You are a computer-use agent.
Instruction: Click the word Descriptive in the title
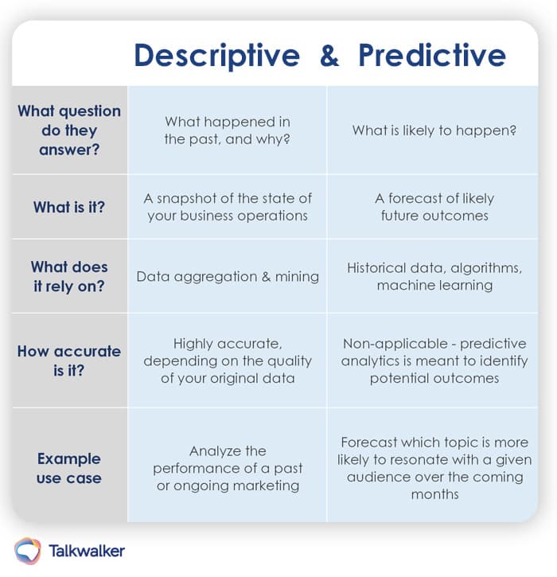216,56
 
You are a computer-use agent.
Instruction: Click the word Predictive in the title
432,56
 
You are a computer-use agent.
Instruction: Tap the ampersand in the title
329,56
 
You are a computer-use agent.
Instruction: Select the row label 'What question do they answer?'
69,130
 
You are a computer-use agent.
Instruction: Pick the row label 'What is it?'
69,207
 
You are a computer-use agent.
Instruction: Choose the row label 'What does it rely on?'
69,276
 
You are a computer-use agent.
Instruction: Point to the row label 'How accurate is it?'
69,361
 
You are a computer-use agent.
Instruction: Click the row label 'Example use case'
69,468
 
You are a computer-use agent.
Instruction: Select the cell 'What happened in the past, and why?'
228,130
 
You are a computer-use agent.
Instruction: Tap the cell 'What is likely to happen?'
434,130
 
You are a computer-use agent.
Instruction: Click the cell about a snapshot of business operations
228,207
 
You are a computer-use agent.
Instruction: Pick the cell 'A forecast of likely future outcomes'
434,207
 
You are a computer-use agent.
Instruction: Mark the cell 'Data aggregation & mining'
228,277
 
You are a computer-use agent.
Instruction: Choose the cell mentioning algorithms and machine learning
434,276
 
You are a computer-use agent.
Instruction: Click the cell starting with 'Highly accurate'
228,361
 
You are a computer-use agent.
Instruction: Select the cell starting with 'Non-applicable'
434,361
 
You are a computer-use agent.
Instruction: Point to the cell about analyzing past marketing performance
228,468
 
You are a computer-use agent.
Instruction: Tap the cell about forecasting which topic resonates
434,468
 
